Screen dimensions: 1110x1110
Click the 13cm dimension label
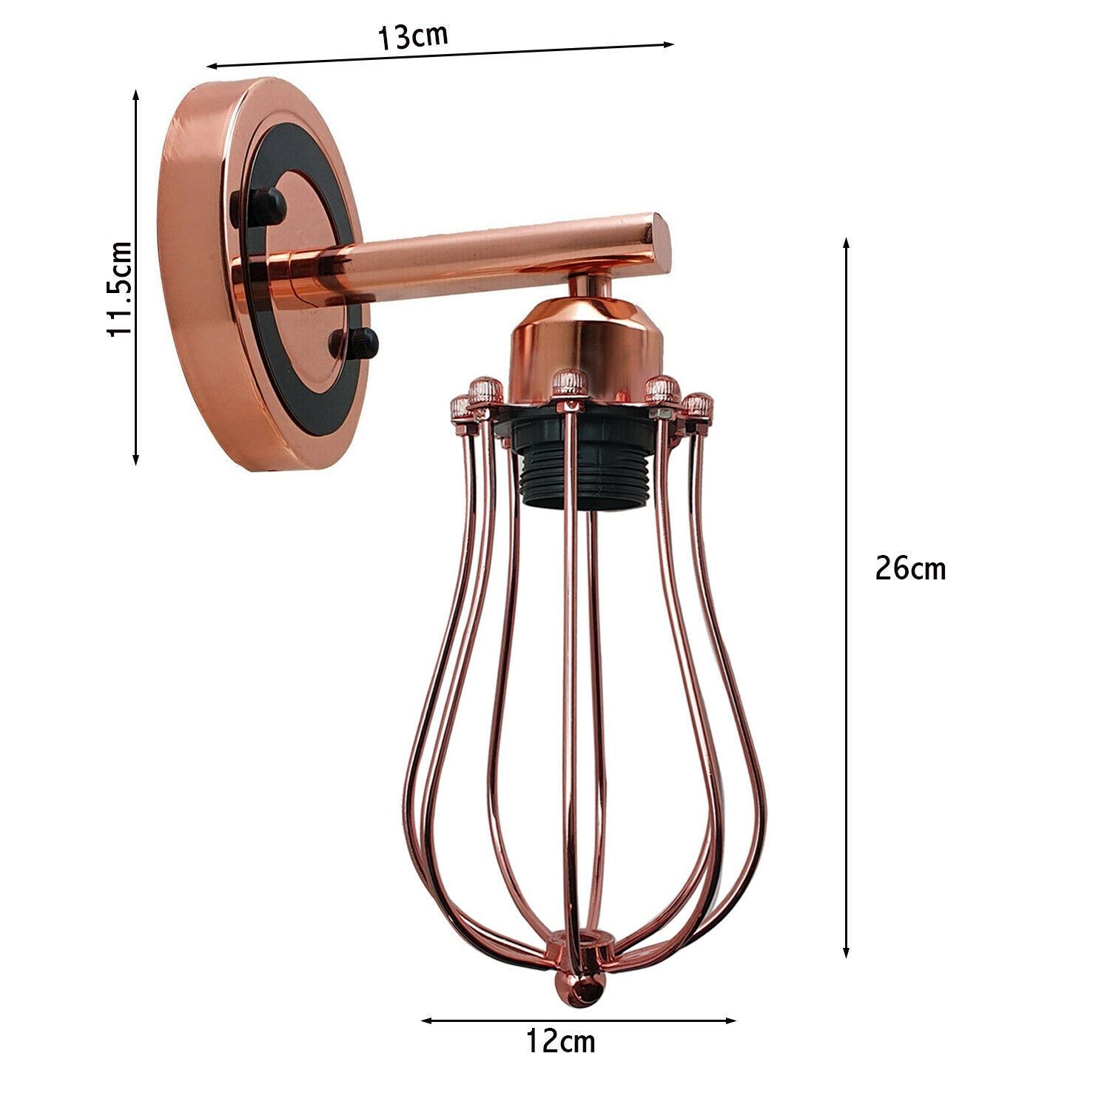pos(413,36)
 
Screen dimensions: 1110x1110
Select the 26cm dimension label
pos(909,568)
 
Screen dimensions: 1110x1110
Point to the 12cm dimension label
pos(560,1041)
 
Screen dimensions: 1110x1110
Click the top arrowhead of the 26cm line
pos(847,243)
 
